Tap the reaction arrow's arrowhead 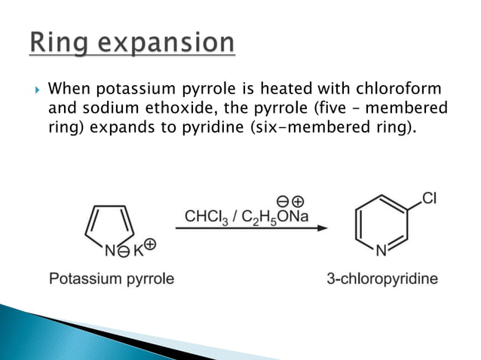(323, 228)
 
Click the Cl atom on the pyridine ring (429, 199)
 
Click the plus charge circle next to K (149, 243)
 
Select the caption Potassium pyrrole (111, 279)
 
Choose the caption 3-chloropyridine (382, 279)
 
